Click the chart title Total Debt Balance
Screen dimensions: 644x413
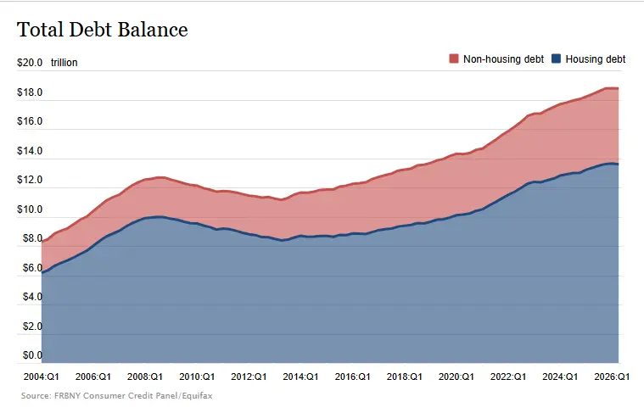(x=103, y=30)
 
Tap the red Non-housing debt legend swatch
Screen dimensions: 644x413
(x=453, y=59)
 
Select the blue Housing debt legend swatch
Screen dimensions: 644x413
(x=556, y=59)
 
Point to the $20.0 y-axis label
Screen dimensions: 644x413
(x=30, y=63)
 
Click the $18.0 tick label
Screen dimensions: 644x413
(x=30, y=92)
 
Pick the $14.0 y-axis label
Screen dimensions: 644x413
(x=30, y=151)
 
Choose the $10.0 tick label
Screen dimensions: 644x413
(x=30, y=209)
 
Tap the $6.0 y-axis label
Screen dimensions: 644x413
(x=32, y=268)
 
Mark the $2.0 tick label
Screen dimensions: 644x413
(x=32, y=326)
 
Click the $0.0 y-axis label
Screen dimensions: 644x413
(x=32, y=355)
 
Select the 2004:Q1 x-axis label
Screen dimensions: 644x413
(x=41, y=377)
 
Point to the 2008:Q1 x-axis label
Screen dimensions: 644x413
(x=145, y=377)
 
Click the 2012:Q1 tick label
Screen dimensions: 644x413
(x=249, y=377)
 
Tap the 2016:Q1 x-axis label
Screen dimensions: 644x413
(x=352, y=377)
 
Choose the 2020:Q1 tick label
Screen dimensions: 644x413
(x=456, y=377)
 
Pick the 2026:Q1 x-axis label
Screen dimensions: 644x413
(x=612, y=377)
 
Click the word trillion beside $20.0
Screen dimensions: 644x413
(x=64, y=63)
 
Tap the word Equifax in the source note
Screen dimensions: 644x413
(x=197, y=396)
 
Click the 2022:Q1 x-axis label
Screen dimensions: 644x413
(x=508, y=377)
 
